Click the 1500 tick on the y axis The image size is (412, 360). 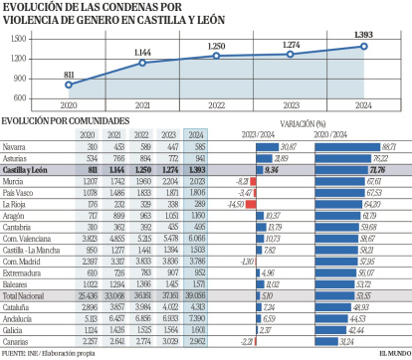point(17,38)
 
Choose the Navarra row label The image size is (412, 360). point(15,146)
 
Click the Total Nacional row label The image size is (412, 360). point(24,295)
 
